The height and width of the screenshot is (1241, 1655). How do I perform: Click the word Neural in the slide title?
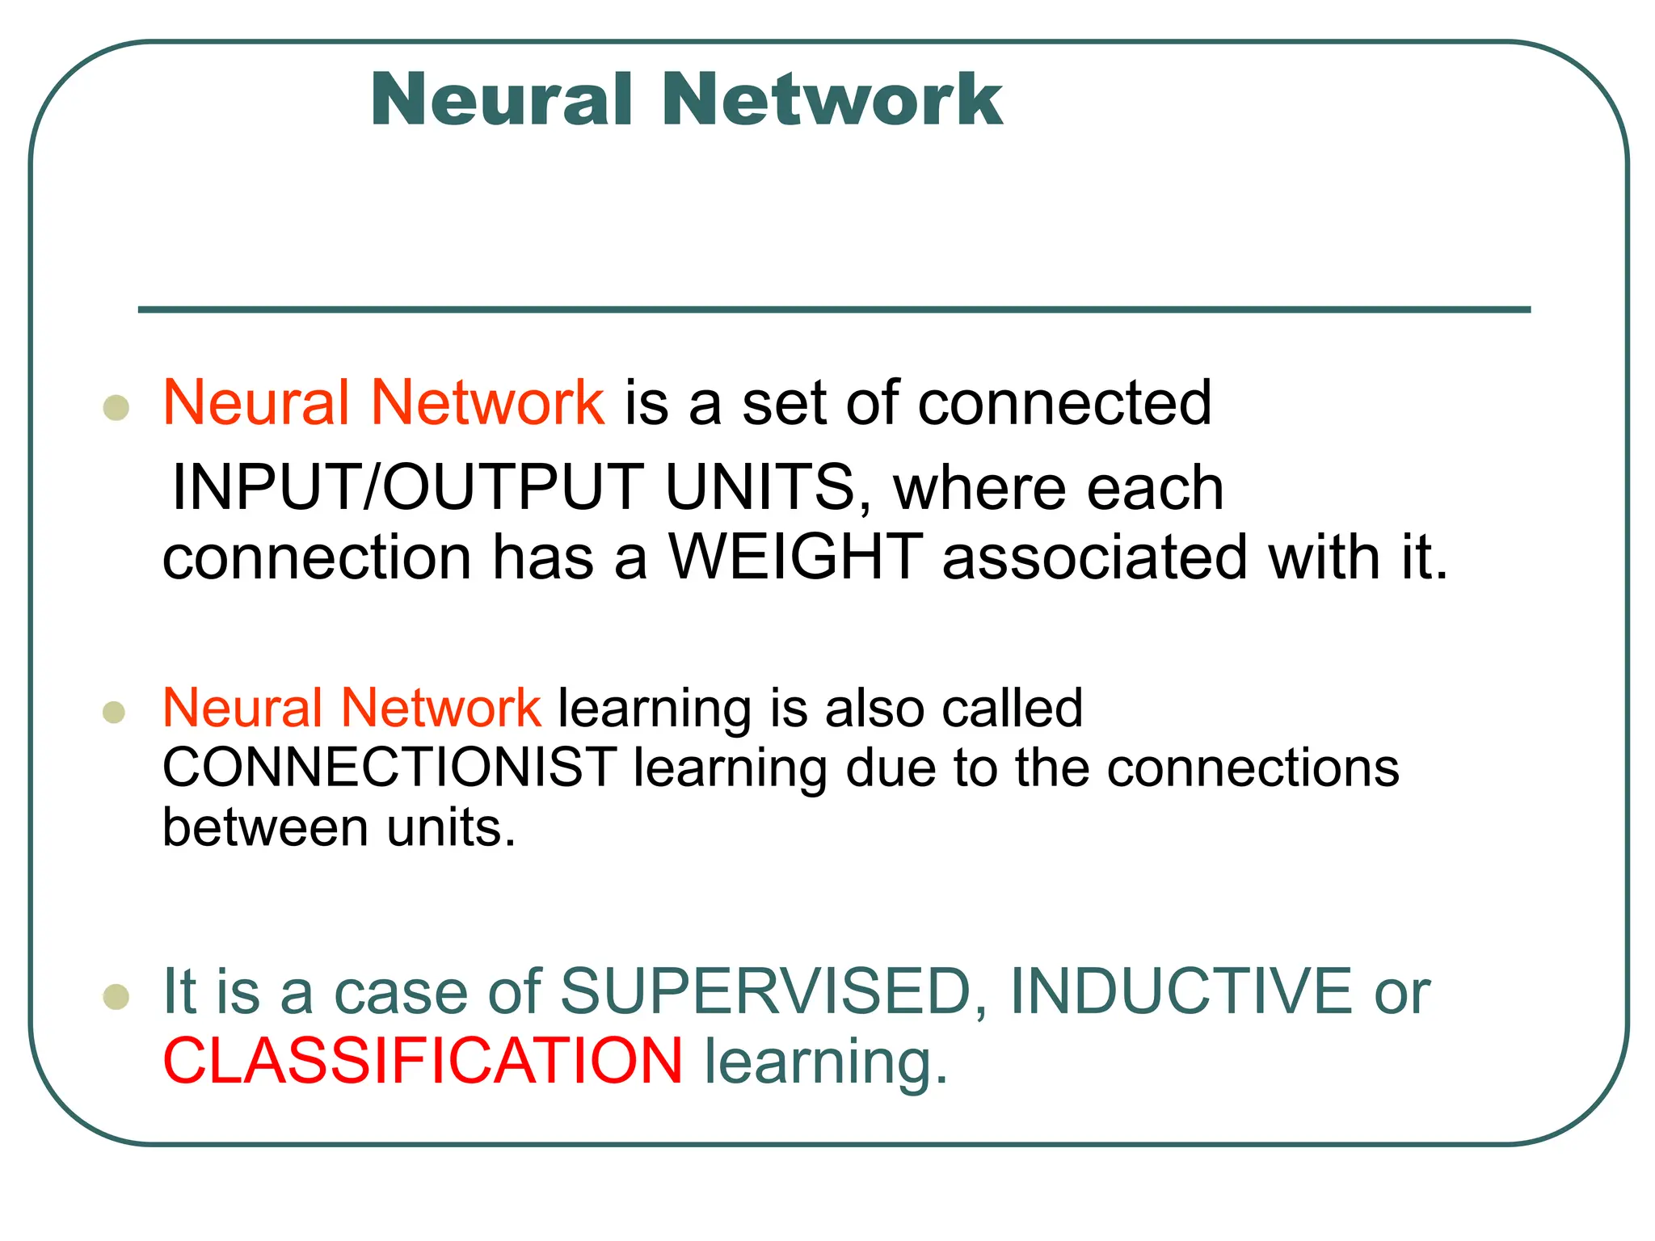[501, 99]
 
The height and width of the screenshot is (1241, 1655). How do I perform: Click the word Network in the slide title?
[832, 99]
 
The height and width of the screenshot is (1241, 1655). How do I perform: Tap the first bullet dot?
[116, 407]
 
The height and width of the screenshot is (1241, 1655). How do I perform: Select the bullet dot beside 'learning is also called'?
[115, 712]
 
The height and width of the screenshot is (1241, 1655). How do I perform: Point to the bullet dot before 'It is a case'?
[116, 996]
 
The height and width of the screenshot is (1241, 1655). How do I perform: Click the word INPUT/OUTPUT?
[408, 487]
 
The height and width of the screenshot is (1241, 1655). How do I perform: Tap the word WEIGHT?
[796, 557]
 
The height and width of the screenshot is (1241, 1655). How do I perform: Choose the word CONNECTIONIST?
[390, 767]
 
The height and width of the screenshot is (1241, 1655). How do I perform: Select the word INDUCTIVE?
[1181, 991]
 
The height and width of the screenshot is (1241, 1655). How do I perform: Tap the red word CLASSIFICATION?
[423, 1061]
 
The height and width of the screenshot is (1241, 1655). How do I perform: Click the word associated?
[1095, 557]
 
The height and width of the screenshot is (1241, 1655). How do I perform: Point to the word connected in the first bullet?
[1064, 402]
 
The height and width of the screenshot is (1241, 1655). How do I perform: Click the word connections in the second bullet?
[1253, 767]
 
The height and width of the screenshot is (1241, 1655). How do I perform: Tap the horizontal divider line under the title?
[834, 309]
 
